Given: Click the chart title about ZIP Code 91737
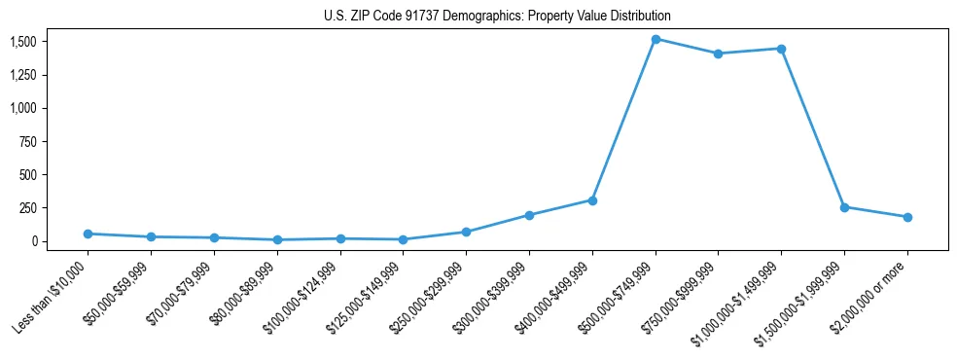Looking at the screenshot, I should (497, 16).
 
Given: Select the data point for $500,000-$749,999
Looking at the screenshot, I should (656, 39).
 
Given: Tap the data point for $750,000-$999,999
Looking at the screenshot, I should (718, 54).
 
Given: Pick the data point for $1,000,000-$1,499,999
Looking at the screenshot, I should (781, 49).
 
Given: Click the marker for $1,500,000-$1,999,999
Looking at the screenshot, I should (844, 207).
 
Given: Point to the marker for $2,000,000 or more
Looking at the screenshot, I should (907, 217).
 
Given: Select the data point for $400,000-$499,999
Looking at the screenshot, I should (592, 200).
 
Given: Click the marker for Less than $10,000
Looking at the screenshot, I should (88, 234).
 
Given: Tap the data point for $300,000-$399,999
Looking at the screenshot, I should (529, 215).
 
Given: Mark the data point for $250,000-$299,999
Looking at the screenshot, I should (466, 232).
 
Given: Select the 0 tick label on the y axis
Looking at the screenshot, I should (33, 241).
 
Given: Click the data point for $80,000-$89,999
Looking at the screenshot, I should (277, 239).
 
